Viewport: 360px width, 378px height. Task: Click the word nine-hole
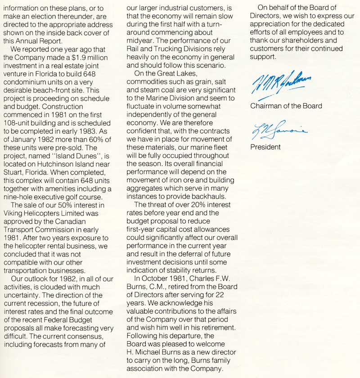click(20, 197)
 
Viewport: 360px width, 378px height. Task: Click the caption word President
click(265, 147)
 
